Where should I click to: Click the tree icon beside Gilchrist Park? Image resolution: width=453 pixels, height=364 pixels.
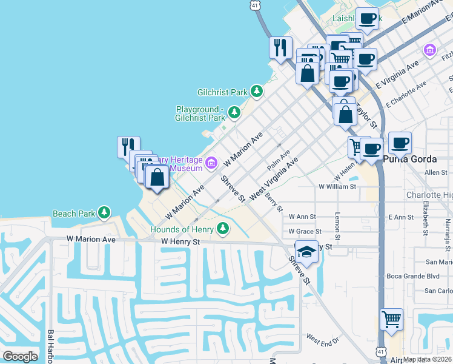click(x=257, y=92)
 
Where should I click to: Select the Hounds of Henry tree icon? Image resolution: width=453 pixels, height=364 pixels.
click(x=223, y=229)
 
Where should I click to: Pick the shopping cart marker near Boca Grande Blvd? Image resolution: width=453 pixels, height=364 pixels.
click(x=392, y=319)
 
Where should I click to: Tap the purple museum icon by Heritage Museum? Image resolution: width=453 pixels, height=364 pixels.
click(x=211, y=162)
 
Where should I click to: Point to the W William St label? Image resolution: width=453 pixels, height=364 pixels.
click(x=337, y=187)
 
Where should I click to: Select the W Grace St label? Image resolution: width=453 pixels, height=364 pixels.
click(x=305, y=231)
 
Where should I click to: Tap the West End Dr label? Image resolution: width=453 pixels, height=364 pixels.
click(x=322, y=339)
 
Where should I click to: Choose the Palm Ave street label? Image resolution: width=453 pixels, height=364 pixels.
click(x=279, y=161)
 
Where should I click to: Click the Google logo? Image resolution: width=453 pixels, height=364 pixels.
click(x=20, y=356)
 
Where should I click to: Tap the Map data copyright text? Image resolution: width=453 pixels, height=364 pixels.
click(x=427, y=359)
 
